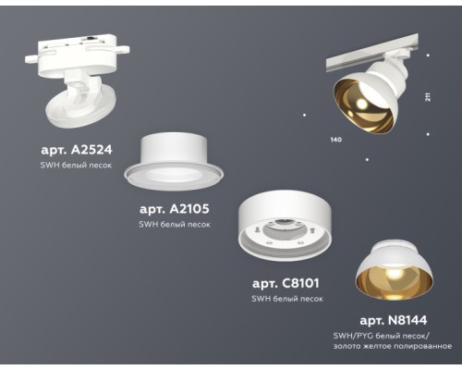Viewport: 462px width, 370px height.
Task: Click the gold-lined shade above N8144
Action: click(x=395, y=268)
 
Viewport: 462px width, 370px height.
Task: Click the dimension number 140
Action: click(x=335, y=139)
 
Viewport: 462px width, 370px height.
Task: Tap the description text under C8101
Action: click(x=287, y=299)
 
